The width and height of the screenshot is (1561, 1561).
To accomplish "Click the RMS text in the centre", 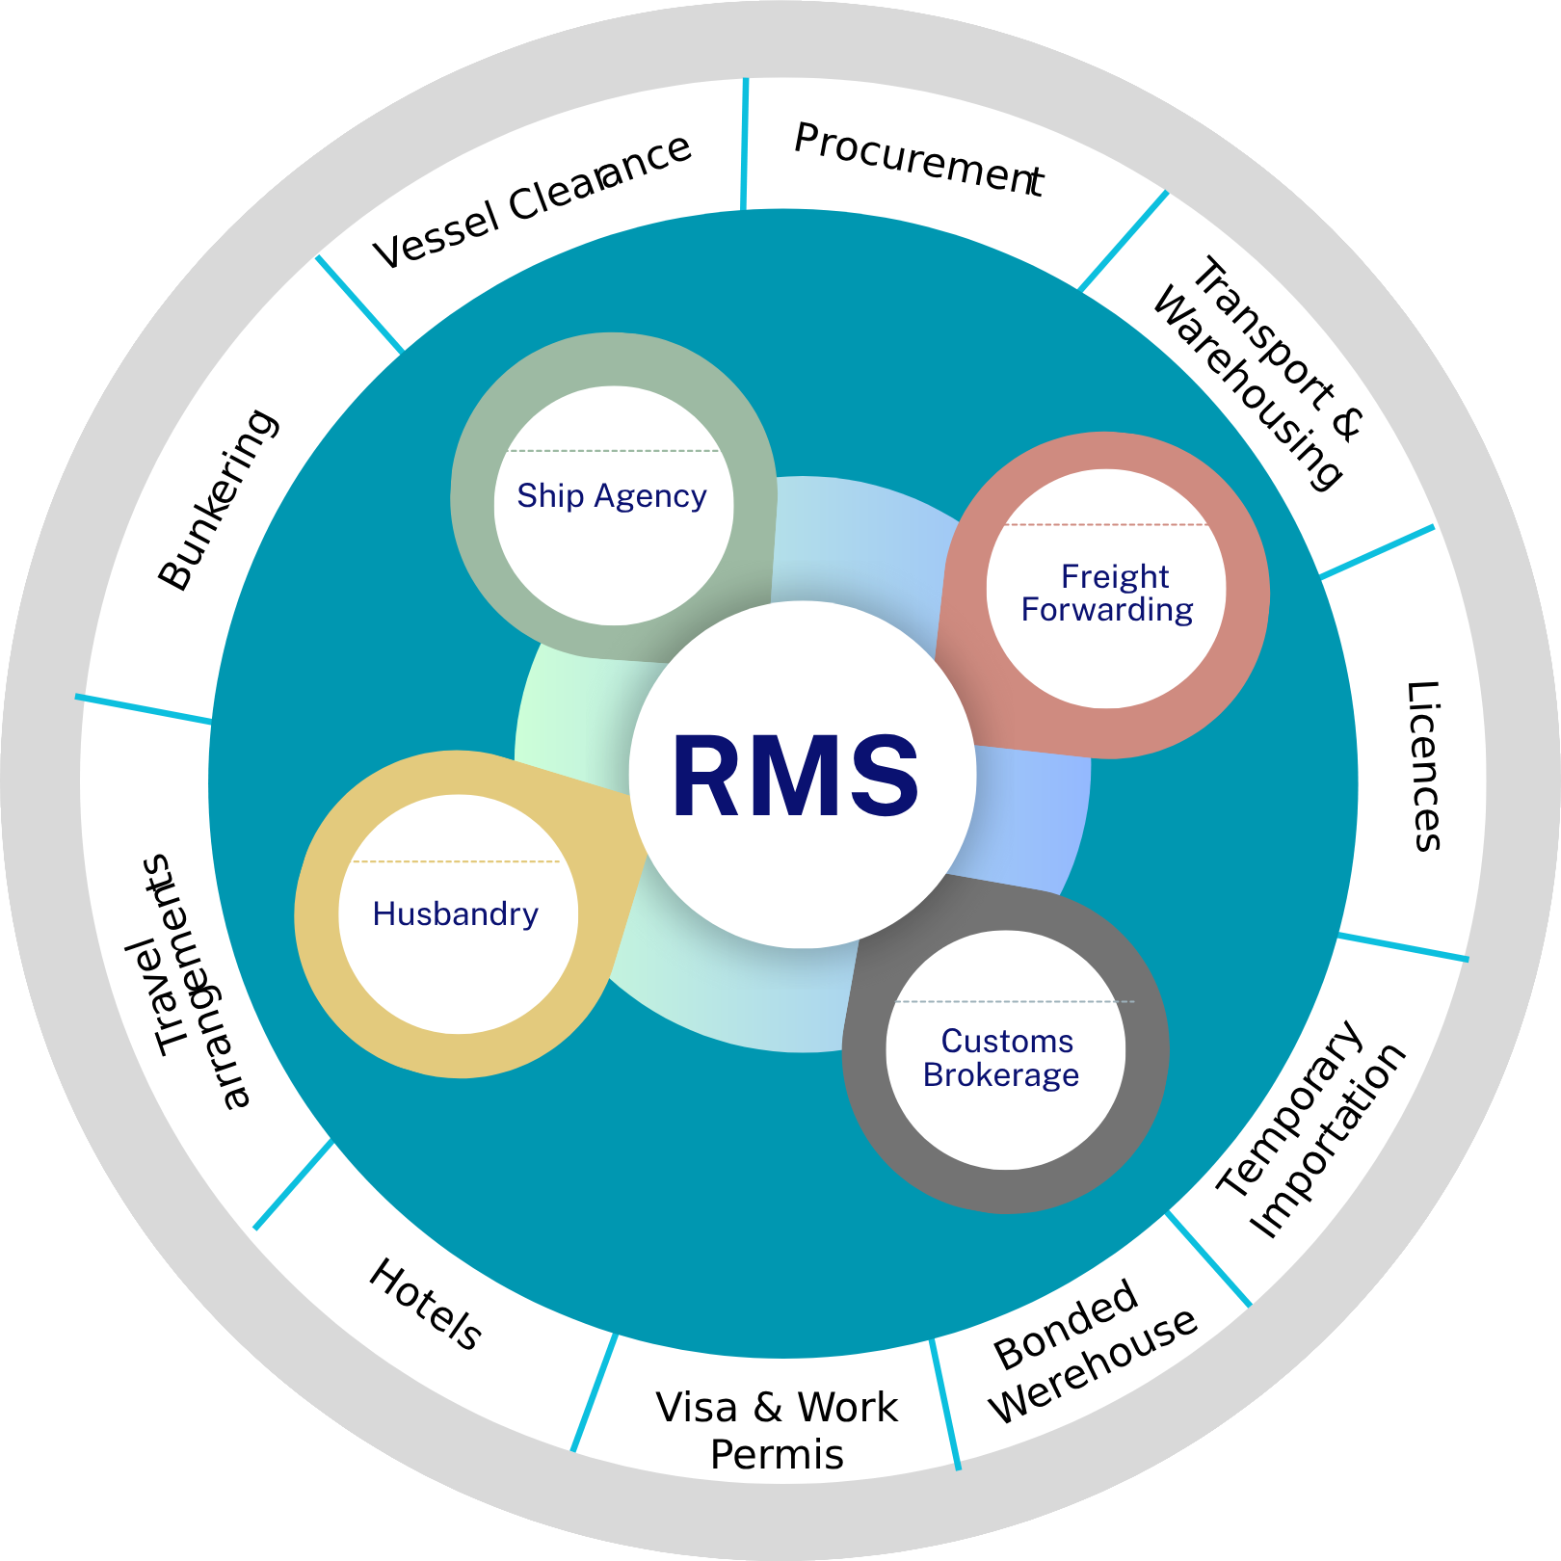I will (796, 777).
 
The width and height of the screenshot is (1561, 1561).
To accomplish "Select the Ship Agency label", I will (612, 496).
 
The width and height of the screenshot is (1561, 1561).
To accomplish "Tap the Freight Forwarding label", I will (1108, 594).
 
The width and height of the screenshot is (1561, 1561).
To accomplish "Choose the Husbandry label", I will (456, 914).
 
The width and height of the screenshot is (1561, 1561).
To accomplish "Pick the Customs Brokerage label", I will (1002, 1058).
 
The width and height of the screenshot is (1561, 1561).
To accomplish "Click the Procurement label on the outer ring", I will (918, 160).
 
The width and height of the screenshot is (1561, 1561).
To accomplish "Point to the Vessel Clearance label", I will (533, 201).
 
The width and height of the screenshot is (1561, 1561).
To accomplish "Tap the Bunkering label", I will (219, 499).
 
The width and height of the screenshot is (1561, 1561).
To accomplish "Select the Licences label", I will (1423, 767).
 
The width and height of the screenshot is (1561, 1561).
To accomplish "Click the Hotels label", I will (425, 1304).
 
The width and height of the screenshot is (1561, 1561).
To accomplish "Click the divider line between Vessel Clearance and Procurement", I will (745, 145).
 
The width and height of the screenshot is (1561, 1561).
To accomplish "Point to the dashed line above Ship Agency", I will (613, 451).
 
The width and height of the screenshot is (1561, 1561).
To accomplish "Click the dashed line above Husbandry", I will (457, 861).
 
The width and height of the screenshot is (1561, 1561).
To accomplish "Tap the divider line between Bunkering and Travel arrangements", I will (145, 708).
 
